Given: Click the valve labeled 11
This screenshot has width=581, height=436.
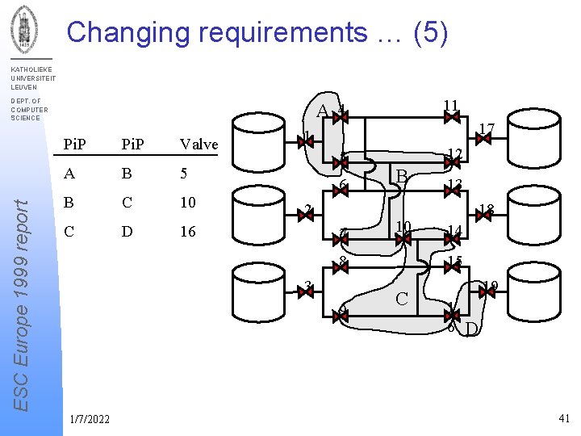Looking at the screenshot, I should (452, 117).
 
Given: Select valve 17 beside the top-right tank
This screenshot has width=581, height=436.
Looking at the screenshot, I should (483, 139).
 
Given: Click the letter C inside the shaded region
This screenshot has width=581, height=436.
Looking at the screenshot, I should (401, 300).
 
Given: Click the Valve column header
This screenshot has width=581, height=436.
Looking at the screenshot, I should (199, 145).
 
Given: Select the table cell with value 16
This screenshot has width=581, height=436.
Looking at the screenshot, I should (188, 232).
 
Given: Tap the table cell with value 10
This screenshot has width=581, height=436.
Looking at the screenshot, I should (188, 202).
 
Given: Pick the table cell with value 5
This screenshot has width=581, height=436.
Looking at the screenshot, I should (184, 173).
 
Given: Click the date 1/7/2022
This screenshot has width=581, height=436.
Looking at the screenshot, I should (90, 418).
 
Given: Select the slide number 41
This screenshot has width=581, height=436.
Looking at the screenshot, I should (563, 417).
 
